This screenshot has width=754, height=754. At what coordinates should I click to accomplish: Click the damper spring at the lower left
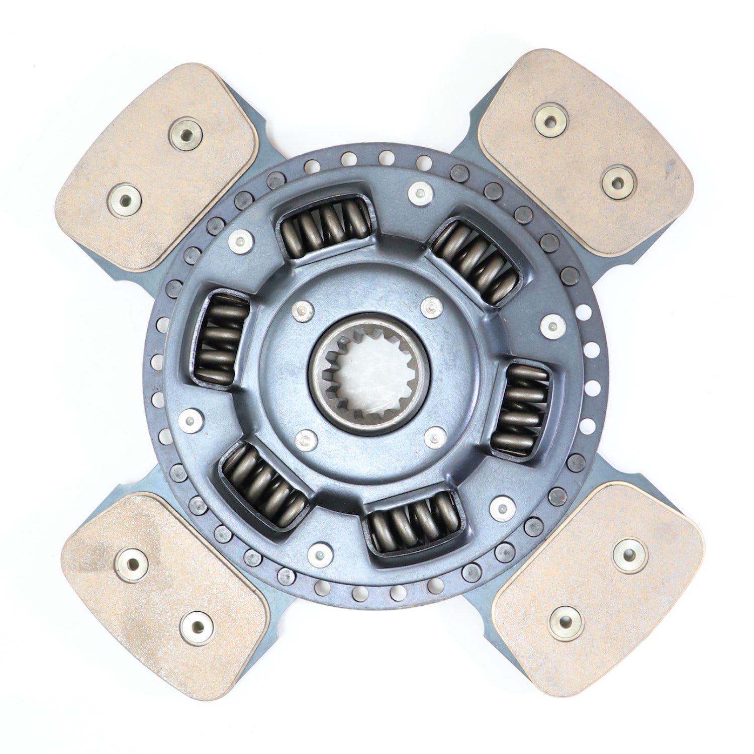tap(263, 485)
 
